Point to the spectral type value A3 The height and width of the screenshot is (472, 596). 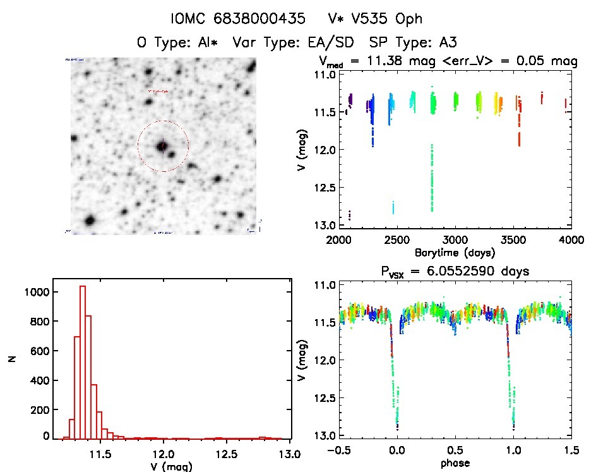[444, 43]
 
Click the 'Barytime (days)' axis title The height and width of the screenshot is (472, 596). [455, 252]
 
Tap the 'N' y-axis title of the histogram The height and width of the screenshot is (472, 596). [11, 358]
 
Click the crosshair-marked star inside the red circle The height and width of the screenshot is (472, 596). [162, 146]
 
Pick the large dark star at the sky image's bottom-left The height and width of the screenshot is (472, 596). [90, 220]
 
